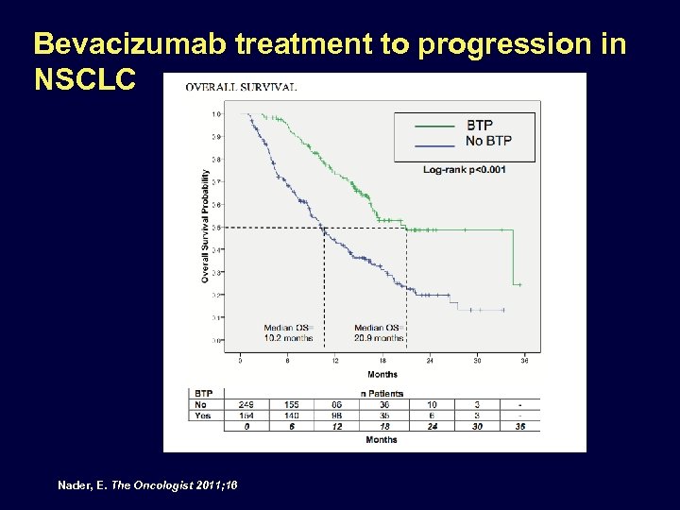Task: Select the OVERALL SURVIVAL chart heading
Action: [241, 87]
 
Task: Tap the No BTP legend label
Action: [488, 141]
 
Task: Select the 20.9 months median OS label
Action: [380, 337]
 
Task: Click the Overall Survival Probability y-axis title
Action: [205, 227]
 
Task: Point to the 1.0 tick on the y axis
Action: [216, 113]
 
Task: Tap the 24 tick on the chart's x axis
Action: [430, 361]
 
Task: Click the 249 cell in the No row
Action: [247, 404]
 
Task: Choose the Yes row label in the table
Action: [203, 416]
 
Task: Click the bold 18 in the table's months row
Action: [383, 427]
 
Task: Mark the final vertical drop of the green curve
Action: [513, 257]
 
